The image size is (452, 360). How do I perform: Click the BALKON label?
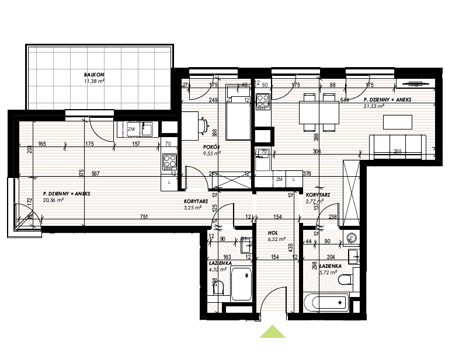point(94,75)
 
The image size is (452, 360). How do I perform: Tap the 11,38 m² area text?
point(94,82)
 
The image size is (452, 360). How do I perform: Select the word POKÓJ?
point(211,148)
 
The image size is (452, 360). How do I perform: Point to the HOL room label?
point(276,232)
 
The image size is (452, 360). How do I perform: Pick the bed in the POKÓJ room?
point(237,113)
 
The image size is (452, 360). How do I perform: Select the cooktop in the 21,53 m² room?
point(262,101)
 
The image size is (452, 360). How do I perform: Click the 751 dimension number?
point(143,216)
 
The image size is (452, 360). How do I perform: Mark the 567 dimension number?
point(96,173)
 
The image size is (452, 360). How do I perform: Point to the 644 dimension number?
point(345,100)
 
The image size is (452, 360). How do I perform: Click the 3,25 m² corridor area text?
point(192,207)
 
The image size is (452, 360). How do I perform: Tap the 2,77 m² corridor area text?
point(314,202)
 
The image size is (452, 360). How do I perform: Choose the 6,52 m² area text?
point(277,239)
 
